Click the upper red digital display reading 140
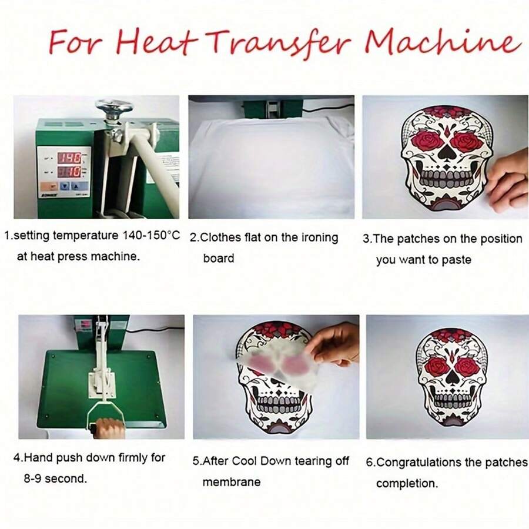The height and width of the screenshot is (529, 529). [x=69, y=158]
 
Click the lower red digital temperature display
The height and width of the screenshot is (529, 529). [x=69, y=172]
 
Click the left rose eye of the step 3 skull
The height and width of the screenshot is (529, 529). [x=427, y=142]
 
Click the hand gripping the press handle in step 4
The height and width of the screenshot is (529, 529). [x=109, y=428]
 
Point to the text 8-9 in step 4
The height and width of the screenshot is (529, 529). [x=34, y=478]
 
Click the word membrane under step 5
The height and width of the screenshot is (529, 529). [x=231, y=482]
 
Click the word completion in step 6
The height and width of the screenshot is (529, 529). [x=407, y=484]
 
